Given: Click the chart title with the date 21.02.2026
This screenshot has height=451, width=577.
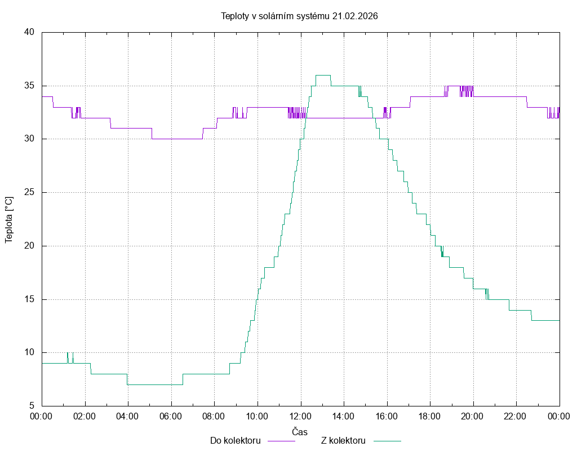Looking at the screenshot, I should (x=299, y=16).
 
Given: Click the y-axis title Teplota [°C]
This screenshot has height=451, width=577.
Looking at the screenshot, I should (x=8, y=220).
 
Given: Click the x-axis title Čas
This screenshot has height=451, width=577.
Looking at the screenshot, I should (x=300, y=432).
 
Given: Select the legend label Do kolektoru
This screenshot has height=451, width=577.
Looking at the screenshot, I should (x=235, y=440).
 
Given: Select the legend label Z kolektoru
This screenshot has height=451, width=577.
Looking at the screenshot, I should (x=343, y=440).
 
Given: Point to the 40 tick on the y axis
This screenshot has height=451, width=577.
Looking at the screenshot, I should (x=30, y=32).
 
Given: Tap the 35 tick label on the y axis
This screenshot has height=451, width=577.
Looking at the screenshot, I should (x=30, y=86).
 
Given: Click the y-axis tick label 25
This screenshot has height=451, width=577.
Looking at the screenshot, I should (x=30, y=192).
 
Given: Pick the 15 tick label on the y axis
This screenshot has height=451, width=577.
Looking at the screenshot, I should (x=30, y=299).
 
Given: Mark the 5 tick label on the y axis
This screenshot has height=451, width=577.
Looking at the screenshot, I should (x=32, y=406).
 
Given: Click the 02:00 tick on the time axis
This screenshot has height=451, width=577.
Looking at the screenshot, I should (x=85, y=417).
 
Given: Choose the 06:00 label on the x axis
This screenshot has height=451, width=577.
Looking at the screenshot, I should (x=171, y=417).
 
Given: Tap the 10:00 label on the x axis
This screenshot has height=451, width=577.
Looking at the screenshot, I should (x=258, y=417).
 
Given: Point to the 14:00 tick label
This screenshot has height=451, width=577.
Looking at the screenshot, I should (x=344, y=417).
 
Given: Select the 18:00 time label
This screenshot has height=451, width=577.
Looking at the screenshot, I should (x=430, y=417).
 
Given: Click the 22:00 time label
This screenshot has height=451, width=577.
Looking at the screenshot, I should (x=516, y=417).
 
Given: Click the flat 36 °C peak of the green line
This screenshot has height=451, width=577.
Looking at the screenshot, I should (x=323, y=75).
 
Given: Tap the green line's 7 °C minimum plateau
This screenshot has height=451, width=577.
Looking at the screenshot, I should (x=155, y=384).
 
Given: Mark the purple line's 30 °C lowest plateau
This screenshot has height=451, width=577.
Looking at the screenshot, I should (x=177, y=139).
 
